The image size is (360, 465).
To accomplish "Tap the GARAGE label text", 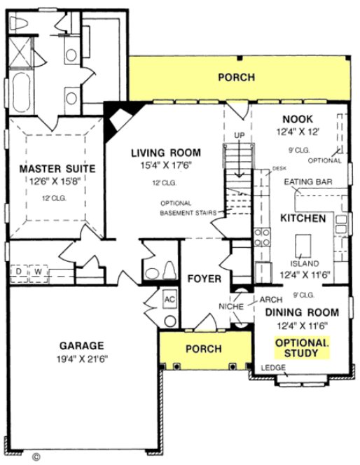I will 81,345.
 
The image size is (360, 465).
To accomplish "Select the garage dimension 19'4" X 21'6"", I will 81,358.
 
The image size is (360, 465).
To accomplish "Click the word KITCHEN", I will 303,218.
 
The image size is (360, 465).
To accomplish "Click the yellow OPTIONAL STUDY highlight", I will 302,348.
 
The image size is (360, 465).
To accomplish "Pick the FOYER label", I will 205,279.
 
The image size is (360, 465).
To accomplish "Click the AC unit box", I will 168,298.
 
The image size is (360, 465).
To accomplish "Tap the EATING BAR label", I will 307,182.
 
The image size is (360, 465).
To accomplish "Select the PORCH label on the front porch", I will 204,349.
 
